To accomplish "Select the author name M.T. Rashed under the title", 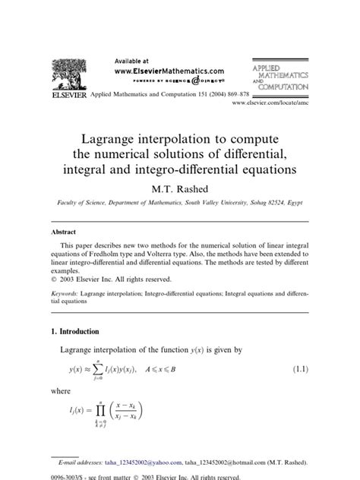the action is click(x=179, y=186).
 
